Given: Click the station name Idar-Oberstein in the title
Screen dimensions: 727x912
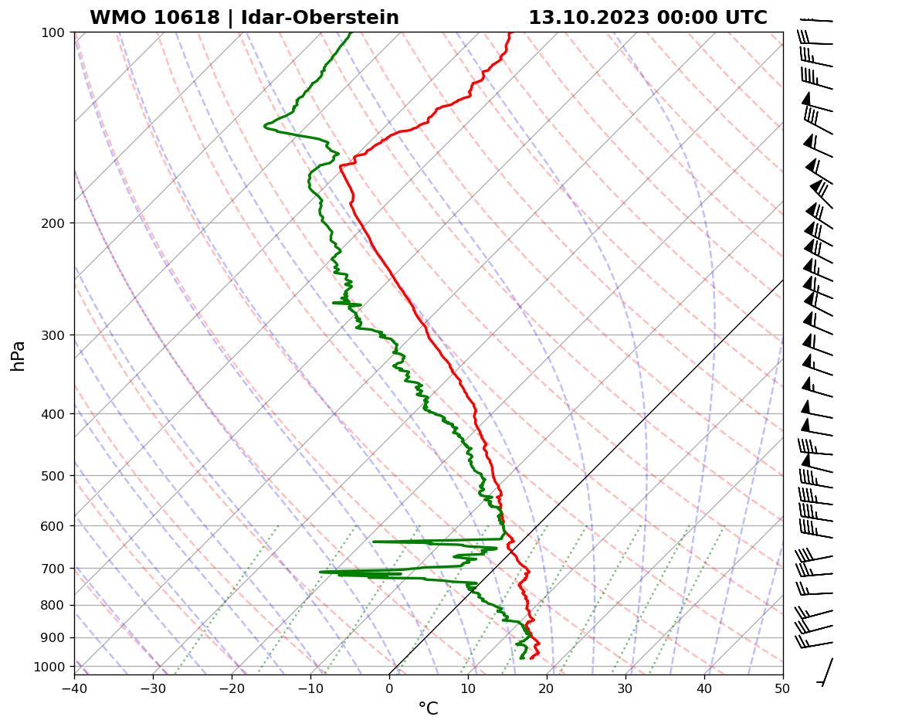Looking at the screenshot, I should (x=320, y=18).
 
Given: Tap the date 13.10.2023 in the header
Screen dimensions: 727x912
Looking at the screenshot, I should (x=588, y=18).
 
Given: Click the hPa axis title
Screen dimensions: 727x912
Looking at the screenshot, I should (x=18, y=355).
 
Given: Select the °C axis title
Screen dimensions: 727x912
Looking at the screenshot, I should (x=428, y=709).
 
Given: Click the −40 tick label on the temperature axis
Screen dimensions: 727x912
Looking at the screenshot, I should (x=74, y=688).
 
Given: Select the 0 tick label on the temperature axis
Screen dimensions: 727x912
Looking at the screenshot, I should (x=389, y=688).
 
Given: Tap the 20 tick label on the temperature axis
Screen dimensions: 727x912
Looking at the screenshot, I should (x=547, y=688).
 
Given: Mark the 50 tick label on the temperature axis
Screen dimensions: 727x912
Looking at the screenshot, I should (x=783, y=688).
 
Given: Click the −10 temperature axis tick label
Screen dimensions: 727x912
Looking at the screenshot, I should (x=310, y=688).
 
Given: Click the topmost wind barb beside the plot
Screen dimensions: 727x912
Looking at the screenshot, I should (x=817, y=20).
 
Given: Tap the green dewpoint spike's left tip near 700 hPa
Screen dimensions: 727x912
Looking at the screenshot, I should (x=320, y=572).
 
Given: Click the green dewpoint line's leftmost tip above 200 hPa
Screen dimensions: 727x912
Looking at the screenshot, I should (x=265, y=124).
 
